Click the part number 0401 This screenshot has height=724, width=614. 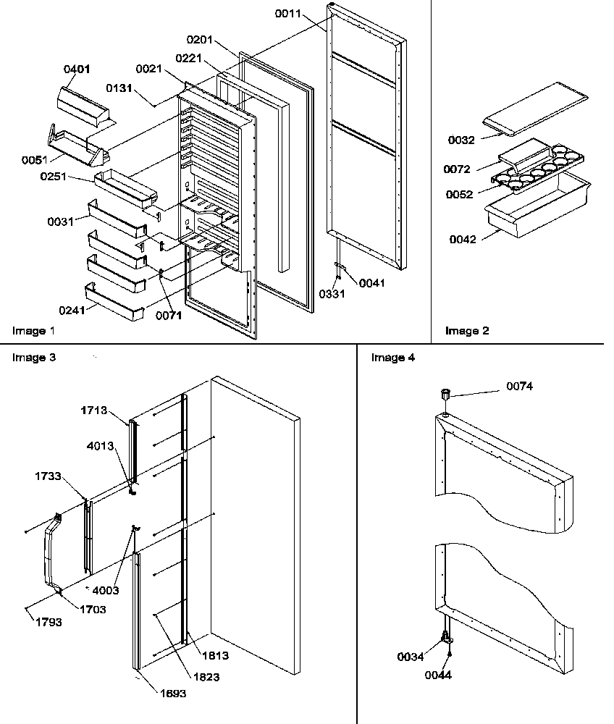[x=77, y=70]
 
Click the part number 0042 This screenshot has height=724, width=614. [x=463, y=240]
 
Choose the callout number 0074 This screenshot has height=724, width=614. [x=520, y=387]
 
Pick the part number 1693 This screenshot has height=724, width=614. [x=174, y=693]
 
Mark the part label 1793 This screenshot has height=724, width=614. [x=49, y=622]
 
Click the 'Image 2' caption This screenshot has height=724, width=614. [x=466, y=331]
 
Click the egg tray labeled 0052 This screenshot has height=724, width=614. [x=539, y=174]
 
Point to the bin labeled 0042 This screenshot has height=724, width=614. [x=536, y=206]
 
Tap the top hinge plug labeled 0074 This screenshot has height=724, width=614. [x=445, y=394]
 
